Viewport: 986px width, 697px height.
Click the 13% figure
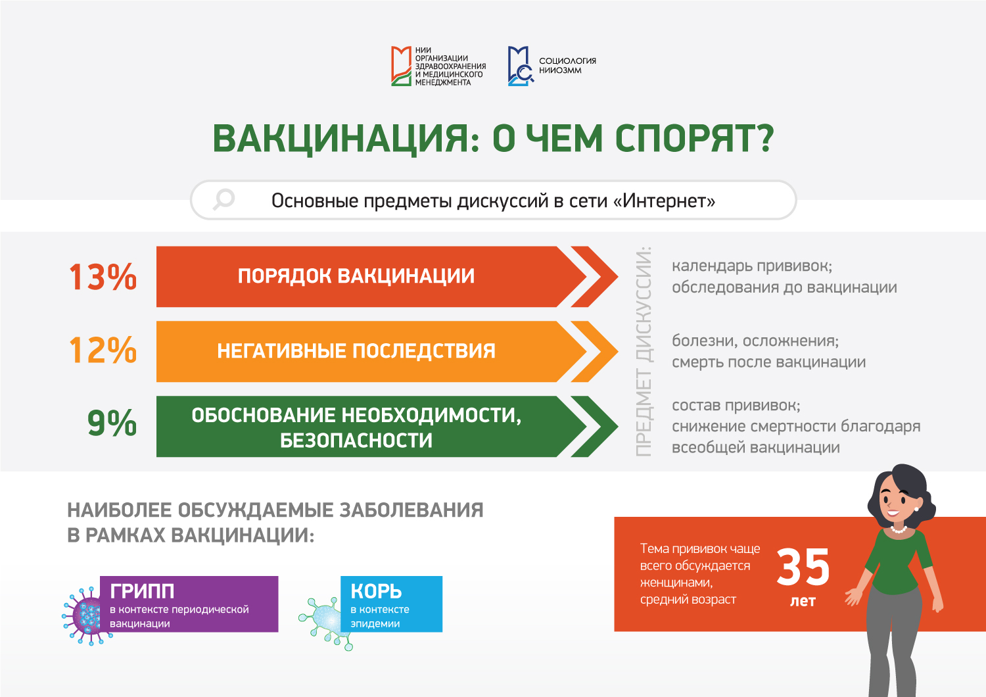click(x=103, y=277)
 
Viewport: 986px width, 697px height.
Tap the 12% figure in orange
click(x=103, y=350)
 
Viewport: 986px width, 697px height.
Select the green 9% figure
click(x=112, y=423)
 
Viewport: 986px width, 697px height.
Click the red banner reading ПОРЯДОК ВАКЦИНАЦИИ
click(x=372, y=277)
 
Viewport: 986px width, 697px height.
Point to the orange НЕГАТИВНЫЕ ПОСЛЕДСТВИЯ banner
click(x=372, y=351)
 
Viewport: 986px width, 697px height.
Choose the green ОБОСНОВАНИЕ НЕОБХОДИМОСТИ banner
click(x=372, y=426)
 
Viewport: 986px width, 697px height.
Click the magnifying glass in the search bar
click(x=223, y=199)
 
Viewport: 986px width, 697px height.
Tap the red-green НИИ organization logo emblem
click(x=401, y=66)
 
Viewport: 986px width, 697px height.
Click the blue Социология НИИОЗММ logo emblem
click(x=521, y=66)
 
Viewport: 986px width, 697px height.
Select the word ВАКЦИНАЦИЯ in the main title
click(x=346, y=139)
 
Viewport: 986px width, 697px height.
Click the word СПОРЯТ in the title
click(x=694, y=139)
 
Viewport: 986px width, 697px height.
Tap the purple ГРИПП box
click(x=189, y=604)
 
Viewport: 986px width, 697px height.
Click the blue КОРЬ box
click(x=391, y=604)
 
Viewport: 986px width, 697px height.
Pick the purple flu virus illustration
click(x=86, y=615)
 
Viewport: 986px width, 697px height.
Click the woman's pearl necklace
click(x=899, y=530)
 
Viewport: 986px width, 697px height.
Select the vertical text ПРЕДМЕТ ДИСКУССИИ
click(x=644, y=351)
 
